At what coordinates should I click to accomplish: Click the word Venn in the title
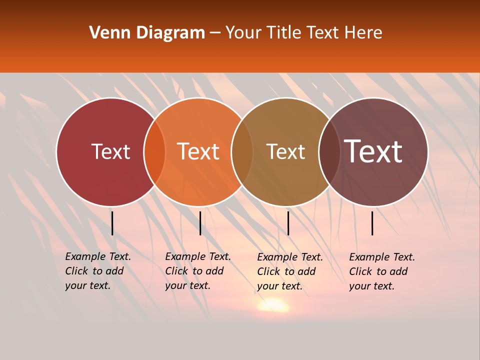(108, 33)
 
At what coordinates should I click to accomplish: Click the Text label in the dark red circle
(110, 151)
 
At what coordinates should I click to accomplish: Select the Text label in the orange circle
(198, 151)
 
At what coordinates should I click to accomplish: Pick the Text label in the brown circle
(285, 151)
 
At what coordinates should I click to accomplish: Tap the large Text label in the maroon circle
(373, 151)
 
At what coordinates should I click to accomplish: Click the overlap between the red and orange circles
(154, 151)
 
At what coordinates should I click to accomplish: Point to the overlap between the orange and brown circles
(242, 151)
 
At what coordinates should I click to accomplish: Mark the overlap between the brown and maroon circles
(328, 151)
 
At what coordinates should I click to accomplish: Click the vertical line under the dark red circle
(112, 223)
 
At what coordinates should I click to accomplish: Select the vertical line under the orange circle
(200, 223)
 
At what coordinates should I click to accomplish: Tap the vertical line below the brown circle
(288, 223)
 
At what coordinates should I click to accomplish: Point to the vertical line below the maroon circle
(372, 223)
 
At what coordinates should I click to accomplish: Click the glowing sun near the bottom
(273, 304)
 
